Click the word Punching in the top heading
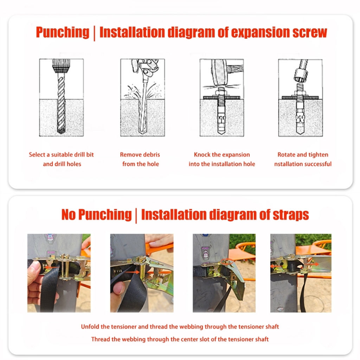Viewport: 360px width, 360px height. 63,32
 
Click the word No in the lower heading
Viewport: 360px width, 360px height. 69,214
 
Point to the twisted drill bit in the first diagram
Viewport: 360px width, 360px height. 61,104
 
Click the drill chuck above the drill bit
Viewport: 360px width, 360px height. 61,66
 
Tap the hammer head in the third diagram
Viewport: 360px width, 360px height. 218,72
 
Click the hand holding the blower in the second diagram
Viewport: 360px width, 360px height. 144,66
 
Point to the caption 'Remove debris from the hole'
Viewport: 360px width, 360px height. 140,159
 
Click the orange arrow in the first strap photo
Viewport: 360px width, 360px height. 51,268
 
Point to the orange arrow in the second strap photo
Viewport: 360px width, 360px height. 133,272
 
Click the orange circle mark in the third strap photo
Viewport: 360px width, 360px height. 227,262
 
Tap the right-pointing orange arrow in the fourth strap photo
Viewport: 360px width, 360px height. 312,264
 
